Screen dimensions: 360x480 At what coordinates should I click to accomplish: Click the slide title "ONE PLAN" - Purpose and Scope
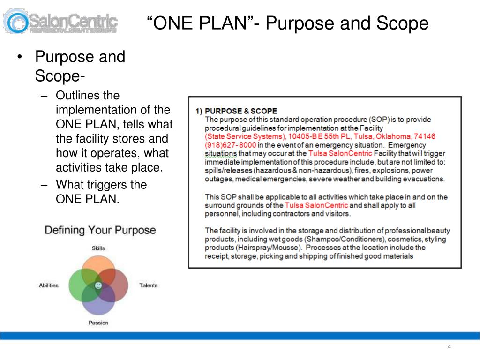tap(287, 23)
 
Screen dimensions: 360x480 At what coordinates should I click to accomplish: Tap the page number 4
tap(449, 347)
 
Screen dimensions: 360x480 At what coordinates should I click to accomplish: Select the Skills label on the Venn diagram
tap(98, 248)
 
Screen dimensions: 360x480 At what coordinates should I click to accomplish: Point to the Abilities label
tap(49, 285)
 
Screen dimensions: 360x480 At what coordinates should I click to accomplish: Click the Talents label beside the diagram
tap(148, 285)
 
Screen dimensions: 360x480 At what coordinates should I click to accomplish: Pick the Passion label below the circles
tap(98, 322)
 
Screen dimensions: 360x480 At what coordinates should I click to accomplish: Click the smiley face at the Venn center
tap(98, 285)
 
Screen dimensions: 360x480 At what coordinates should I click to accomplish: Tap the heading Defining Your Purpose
tap(100, 230)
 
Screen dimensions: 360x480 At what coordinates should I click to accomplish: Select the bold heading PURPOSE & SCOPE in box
tap(241, 111)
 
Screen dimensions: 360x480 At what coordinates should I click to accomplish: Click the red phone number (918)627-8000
tap(230, 145)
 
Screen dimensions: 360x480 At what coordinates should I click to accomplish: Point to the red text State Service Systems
tap(245, 136)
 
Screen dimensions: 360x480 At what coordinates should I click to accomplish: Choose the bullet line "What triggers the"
tap(101, 185)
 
